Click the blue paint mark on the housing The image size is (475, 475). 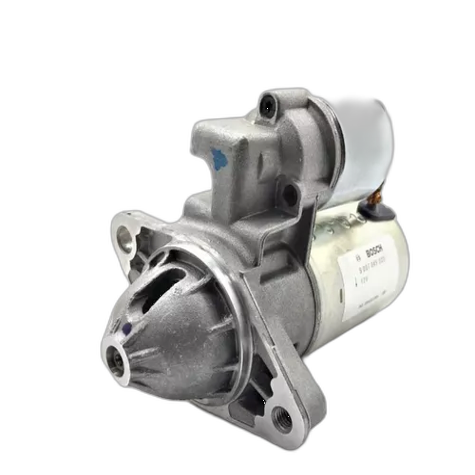219,160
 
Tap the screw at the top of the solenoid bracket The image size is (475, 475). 268,106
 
